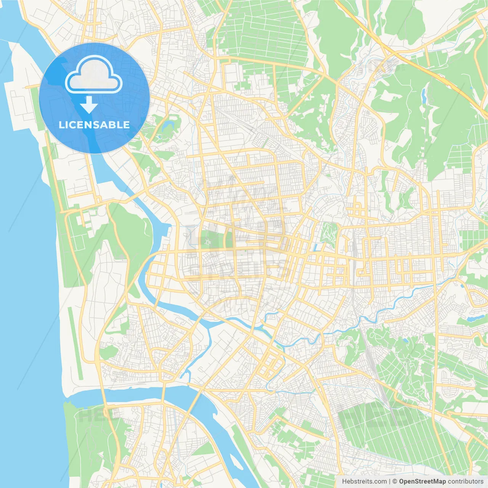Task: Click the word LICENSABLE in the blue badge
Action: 94,125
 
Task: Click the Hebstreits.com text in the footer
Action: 364,482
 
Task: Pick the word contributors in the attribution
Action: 466,482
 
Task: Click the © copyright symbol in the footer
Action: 395,482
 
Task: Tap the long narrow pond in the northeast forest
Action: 424,96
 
